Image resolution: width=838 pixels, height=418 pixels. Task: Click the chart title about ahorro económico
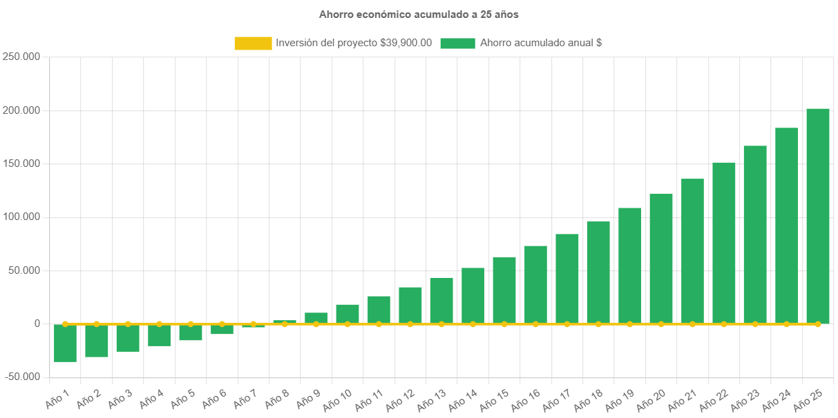click(x=419, y=14)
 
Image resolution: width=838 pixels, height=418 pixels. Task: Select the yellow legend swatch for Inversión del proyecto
click(x=253, y=43)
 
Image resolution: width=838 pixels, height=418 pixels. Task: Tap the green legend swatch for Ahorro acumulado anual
click(x=457, y=43)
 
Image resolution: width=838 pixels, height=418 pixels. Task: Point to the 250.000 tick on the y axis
click(x=20, y=57)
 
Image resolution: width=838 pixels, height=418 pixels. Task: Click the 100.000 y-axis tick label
click(x=20, y=217)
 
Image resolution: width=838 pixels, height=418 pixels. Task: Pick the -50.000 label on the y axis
click(x=20, y=377)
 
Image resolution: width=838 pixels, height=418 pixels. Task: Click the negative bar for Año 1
click(x=65, y=343)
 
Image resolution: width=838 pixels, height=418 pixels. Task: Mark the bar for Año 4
click(x=159, y=335)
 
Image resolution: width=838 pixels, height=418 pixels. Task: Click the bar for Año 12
click(x=410, y=306)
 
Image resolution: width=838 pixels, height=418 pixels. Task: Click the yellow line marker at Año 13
click(x=441, y=324)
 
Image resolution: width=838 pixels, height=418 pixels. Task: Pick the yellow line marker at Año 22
click(x=723, y=324)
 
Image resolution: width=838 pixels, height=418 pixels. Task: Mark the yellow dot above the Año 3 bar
click(x=128, y=324)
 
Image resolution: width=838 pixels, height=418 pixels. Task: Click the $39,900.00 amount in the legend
click(x=406, y=43)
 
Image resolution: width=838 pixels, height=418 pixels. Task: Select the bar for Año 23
click(x=754, y=235)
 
